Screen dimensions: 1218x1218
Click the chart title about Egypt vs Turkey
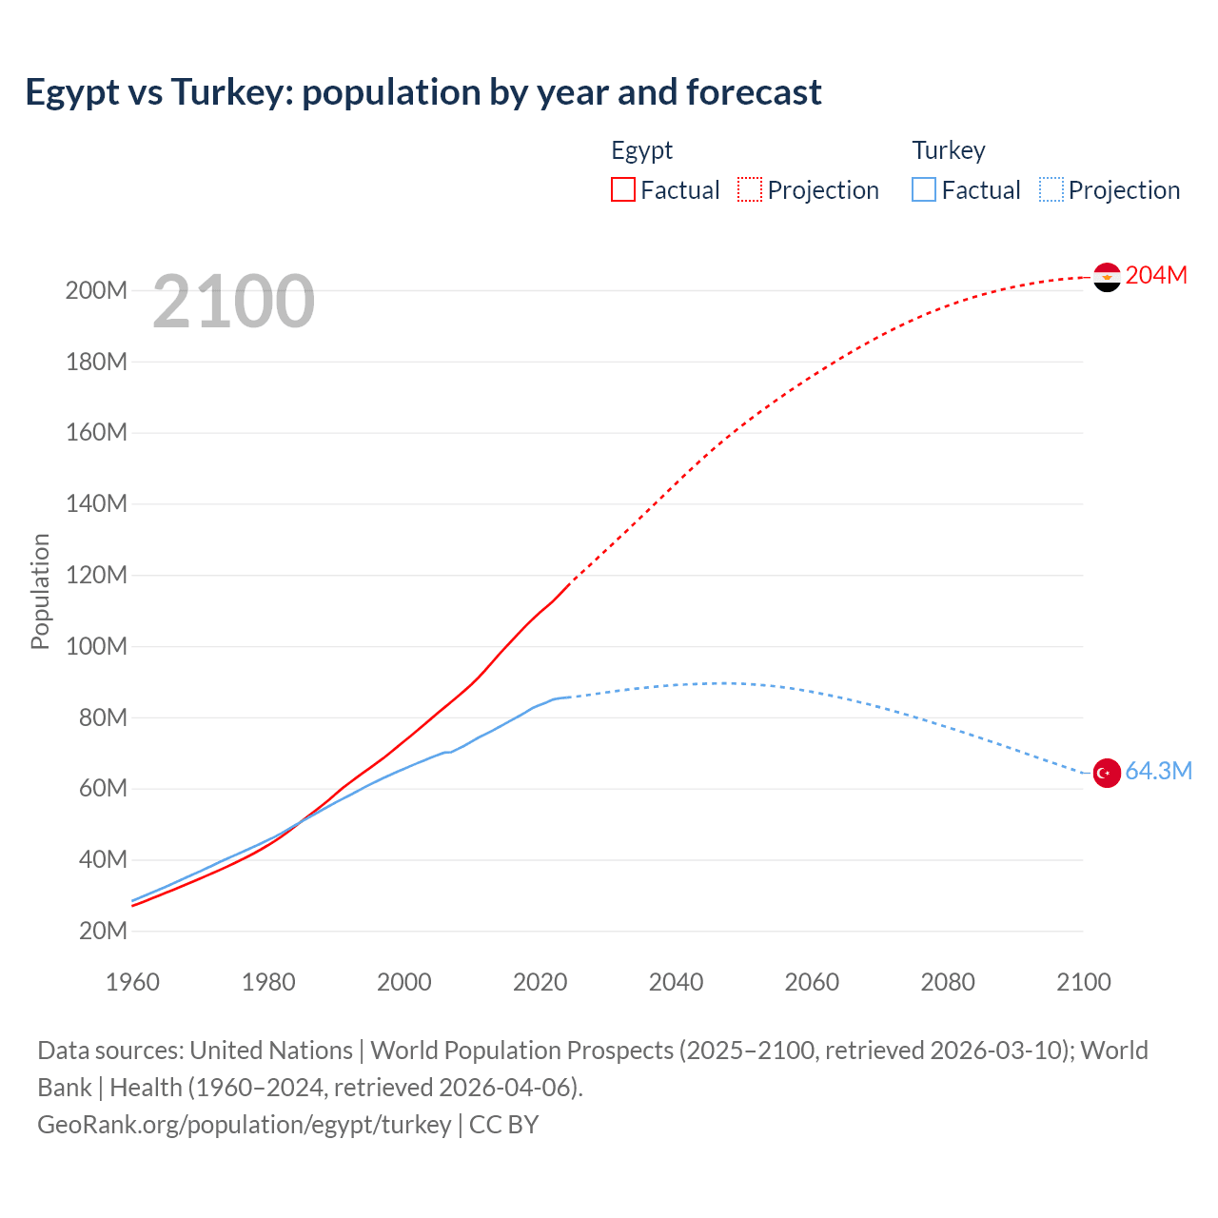[x=422, y=92]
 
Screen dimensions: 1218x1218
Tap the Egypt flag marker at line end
[x=1107, y=277]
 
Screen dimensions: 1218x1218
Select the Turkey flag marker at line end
[x=1107, y=773]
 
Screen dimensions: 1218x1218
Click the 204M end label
[x=1156, y=275]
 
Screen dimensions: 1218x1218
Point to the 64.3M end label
[x=1158, y=771]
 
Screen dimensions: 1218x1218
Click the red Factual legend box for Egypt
[x=623, y=189]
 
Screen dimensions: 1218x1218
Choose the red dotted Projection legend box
[x=750, y=189]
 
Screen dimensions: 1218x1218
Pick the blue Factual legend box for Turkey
[x=924, y=189]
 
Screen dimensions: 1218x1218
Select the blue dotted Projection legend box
[x=1051, y=189]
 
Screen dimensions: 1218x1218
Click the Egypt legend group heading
[x=641, y=150]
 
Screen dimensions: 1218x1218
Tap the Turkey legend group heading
[x=948, y=150]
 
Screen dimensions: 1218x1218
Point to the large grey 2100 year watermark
[x=233, y=302]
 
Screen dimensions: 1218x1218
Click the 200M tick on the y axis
[x=96, y=290]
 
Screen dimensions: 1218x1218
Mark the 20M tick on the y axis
[x=102, y=931]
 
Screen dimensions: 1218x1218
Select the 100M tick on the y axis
[x=96, y=646]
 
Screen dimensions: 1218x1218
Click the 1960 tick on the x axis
[x=132, y=982]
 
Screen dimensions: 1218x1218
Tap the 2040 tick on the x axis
[x=676, y=982]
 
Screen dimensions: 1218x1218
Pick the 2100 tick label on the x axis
[x=1083, y=982]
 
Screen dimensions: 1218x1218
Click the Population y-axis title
[x=40, y=591]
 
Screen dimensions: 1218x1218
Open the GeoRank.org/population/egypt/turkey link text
[x=245, y=1125]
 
